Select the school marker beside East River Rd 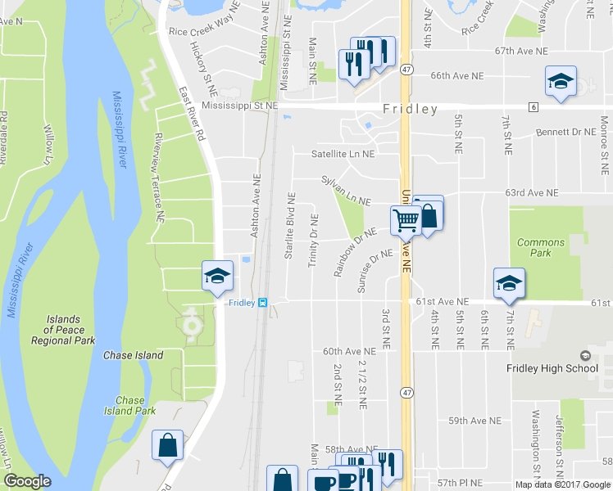pyautogui.click(x=217, y=276)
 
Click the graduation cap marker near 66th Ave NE pyautogui.click(x=561, y=82)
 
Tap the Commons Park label pyautogui.click(x=541, y=248)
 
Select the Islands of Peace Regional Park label pyautogui.click(x=63, y=330)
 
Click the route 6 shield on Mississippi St pyautogui.click(x=533, y=107)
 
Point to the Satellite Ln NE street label pyautogui.click(x=343, y=153)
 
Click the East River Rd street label pyautogui.click(x=189, y=114)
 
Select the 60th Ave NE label pyautogui.click(x=349, y=351)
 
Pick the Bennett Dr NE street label pyautogui.click(x=565, y=132)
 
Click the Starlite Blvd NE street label pyautogui.click(x=289, y=227)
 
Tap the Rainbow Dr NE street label pyautogui.click(x=354, y=252)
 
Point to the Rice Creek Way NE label pyautogui.click(x=203, y=30)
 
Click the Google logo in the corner pyautogui.click(x=27, y=481)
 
